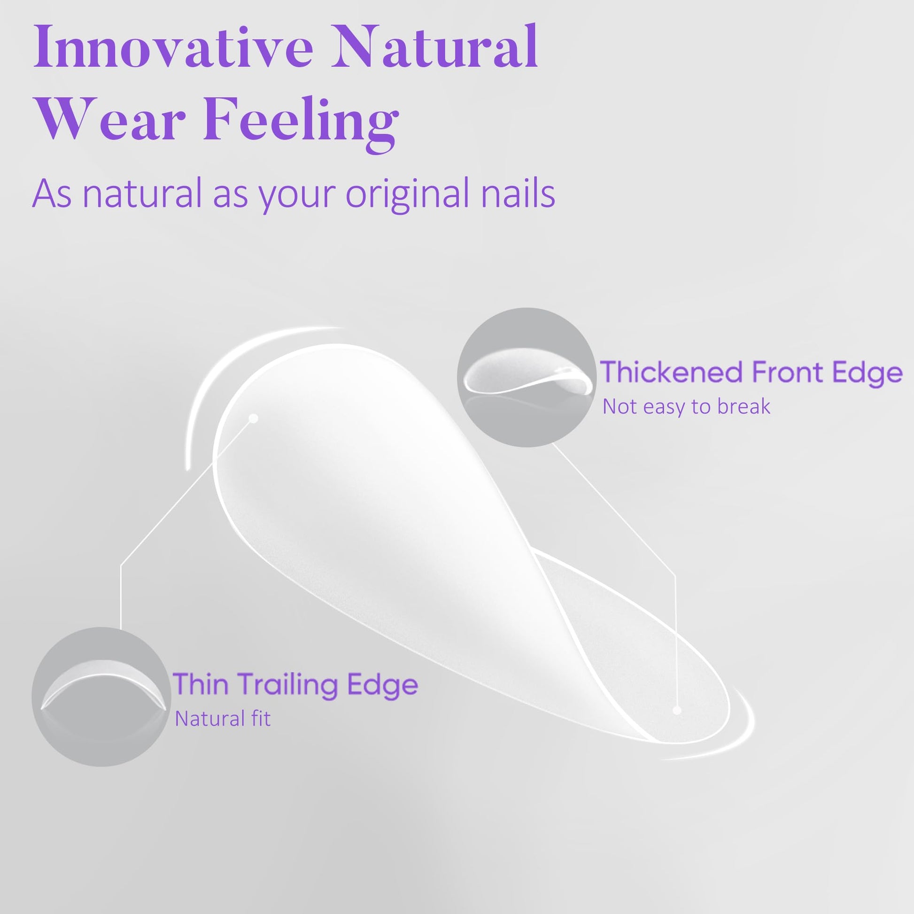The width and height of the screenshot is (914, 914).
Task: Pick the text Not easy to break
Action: (686, 407)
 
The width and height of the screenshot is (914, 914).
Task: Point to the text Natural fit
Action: (223, 719)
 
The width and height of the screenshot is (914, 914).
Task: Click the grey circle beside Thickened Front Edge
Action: (527, 377)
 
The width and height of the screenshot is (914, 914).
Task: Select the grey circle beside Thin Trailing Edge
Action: (101, 697)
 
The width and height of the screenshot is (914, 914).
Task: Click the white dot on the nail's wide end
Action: (254, 418)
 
